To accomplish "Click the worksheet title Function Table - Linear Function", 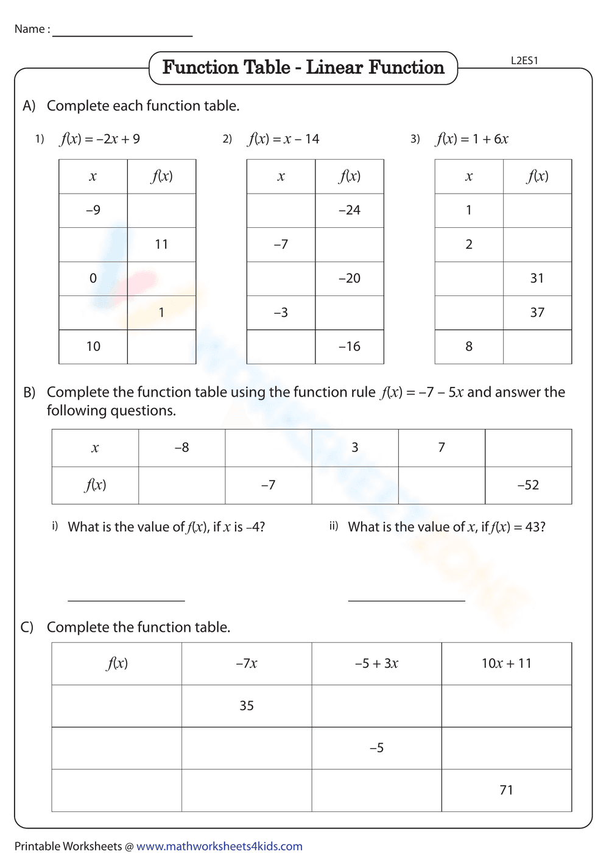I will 303,68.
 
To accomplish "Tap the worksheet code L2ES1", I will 524,60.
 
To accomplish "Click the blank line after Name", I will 122,34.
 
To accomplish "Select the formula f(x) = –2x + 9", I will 100,139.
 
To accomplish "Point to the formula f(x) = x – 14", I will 283,139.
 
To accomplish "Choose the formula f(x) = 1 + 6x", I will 472,139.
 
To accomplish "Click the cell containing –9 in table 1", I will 93,210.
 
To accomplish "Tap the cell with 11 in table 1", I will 161,244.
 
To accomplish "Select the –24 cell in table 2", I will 350,210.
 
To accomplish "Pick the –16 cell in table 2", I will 350,347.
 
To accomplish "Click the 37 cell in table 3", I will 537,313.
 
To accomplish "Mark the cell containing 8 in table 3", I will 469,347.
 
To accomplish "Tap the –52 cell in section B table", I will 528,485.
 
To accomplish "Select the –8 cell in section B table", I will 181,448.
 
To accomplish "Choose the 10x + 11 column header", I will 506,663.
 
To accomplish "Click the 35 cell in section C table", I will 247,705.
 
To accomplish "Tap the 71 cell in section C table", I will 506,790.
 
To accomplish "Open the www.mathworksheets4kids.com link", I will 219,846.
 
